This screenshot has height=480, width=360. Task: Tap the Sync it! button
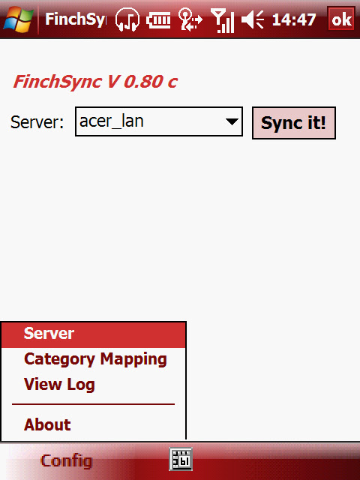point(294,123)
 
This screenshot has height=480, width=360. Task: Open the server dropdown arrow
point(232,121)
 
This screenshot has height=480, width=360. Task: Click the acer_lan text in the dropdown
point(112,121)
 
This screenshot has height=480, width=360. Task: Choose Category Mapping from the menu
point(95,359)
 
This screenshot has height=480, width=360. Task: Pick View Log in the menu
point(59,385)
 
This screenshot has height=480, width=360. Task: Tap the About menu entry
point(47,424)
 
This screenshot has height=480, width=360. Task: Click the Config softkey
point(67,461)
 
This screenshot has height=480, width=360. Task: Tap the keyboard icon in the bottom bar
point(181,459)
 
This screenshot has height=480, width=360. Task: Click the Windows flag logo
point(18,19)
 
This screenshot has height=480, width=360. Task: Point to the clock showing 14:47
point(294,20)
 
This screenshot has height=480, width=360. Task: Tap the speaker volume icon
point(253,20)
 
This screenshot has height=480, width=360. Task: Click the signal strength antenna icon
point(223,21)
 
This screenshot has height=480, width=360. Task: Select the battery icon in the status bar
point(158,21)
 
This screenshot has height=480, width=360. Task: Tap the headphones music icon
point(127,19)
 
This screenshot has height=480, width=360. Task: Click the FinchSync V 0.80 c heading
point(95,82)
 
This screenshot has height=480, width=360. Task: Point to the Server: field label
point(37,122)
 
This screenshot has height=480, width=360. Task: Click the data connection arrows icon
point(190,20)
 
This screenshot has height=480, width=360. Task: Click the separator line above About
point(93,404)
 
